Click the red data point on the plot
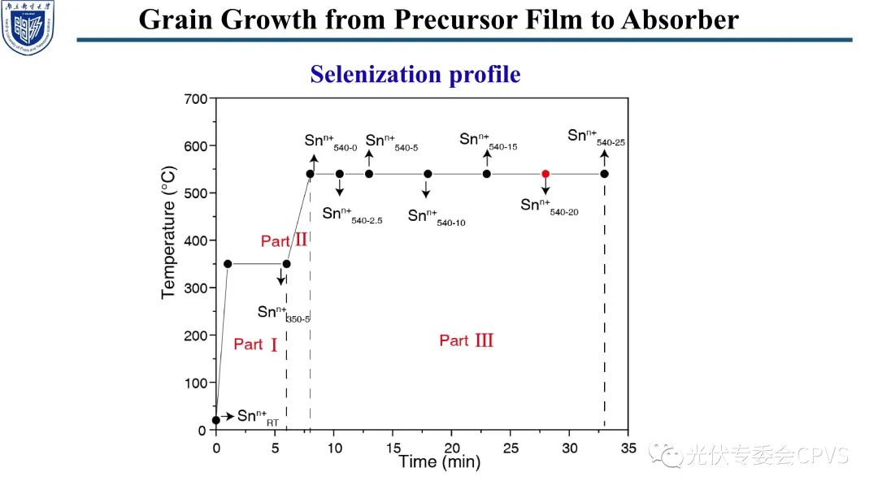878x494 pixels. point(545,174)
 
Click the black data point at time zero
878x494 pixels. point(215,420)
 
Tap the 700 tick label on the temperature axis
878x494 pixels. point(196,99)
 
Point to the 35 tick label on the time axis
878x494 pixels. point(628,448)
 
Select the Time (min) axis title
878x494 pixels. point(439,462)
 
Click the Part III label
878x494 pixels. point(467,340)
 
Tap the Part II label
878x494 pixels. point(284,240)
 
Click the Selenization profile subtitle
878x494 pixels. point(415,75)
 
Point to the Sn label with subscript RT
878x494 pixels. point(256,418)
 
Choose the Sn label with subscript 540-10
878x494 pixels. point(436,217)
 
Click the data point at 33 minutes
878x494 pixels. point(605,174)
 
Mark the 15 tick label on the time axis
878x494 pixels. point(392,448)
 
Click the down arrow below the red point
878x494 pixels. point(545,188)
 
